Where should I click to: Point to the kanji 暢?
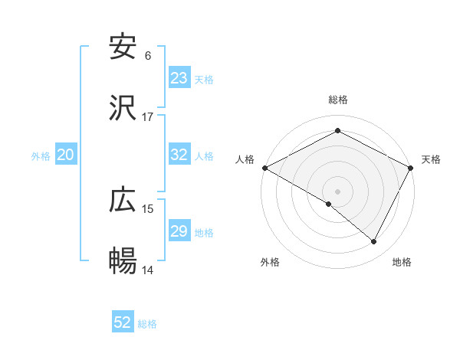click(x=123, y=262)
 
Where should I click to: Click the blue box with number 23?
click(x=179, y=78)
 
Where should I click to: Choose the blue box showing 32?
click(x=179, y=155)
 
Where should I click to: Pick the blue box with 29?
click(x=179, y=231)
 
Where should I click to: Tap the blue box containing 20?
click(x=66, y=155)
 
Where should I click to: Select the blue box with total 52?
click(x=123, y=322)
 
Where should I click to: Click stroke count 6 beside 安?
click(x=148, y=56)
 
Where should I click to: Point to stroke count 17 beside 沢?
click(x=148, y=117)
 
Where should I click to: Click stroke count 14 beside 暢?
click(x=148, y=270)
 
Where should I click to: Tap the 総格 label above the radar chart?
click(x=338, y=100)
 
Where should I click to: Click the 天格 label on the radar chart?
click(x=431, y=159)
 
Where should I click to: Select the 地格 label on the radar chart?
click(x=402, y=263)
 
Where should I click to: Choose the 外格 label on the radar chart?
click(x=270, y=263)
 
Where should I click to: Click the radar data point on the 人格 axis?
click(x=264, y=168)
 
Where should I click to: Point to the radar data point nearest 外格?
click(x=329, y=204)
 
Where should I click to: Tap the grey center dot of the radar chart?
click(x=338, y=191)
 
